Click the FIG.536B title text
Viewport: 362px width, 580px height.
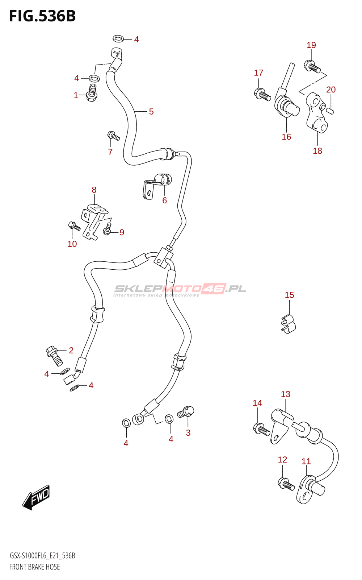[x=42, y=16]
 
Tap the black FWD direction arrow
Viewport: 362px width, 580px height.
[x=36, y=497]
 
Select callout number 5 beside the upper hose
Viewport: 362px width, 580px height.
[x=151, y=112]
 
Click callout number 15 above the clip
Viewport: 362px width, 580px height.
[x=289, y=295]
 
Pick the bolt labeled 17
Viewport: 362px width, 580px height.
[x=262, y=94]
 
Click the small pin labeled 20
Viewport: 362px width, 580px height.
[x=330, y=110]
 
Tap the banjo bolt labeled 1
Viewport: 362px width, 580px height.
[x=92, y=93]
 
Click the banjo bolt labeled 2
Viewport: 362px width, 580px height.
[x=54, y=356]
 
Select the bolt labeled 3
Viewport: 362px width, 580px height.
[x=186, y=412]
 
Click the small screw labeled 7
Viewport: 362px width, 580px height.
[x=113, y=136]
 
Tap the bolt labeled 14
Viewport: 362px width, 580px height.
[x=261, y=429]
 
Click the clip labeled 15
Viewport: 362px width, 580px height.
[x=289, y=324]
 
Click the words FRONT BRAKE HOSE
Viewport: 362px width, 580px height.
[x=34, y=567]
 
